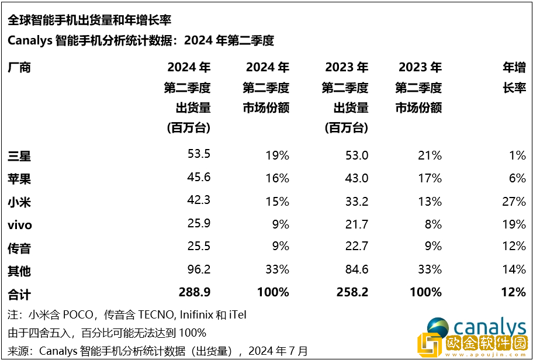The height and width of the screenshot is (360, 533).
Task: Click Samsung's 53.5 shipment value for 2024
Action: [198, 155]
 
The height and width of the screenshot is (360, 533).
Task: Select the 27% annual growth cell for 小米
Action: [514, 202]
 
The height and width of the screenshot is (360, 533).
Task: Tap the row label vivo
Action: [20, 225]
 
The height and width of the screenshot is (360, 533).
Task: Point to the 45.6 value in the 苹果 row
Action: [198, 178]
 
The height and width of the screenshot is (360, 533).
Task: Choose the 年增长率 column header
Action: [514, 78]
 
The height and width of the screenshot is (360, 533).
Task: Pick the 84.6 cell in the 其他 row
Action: [356, 269]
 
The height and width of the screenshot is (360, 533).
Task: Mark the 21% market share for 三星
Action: [430, 155]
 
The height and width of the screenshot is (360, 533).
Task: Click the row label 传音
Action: [19, 248]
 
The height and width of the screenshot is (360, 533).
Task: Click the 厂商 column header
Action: [19, 67]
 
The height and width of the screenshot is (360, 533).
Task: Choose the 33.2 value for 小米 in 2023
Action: [356, 202]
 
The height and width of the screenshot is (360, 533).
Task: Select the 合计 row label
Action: [19, 292]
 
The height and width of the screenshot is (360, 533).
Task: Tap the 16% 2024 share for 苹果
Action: [277, 178]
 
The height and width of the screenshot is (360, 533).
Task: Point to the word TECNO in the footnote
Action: [155, 315]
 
